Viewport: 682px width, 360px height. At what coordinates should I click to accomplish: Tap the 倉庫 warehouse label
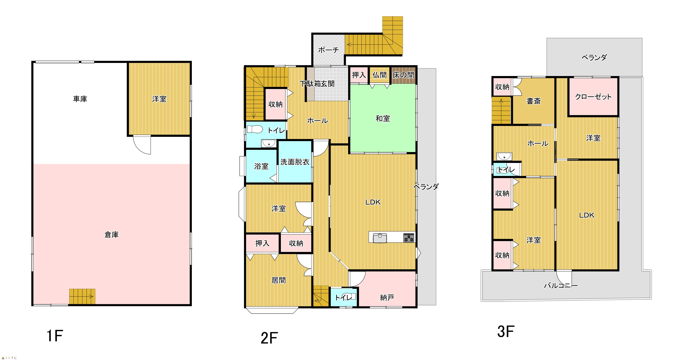(x=111, y=235)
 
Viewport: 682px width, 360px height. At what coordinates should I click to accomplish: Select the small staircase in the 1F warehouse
(x=82, y=296)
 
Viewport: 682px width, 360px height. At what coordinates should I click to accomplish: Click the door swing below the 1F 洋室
(x=142, y=145)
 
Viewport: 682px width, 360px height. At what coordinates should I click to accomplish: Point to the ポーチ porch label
(x=328, y=50)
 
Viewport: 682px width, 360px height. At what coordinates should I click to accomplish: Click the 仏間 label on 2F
(x=379, y=75)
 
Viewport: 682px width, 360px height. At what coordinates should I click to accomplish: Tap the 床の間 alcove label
(x=403, y=75)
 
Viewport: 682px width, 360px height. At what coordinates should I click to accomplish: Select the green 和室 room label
(x=383, y=118)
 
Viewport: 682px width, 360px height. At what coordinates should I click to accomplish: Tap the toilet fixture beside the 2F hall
(x=255, y=129)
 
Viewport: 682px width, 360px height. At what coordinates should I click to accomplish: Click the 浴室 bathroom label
(x=261, y=166)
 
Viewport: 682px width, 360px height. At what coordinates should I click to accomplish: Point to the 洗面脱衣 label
(x=295, y=162)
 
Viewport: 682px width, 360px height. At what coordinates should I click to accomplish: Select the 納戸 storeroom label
(x=387, y=298)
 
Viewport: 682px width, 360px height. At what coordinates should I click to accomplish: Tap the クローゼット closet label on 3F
(x=593, y=97)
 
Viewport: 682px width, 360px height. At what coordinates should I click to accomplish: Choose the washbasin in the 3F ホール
(x=504, y=157)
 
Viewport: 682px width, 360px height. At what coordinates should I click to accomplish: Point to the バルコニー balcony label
(x=561, y=286)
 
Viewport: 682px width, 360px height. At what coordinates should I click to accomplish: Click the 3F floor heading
(x=506, y=332)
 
